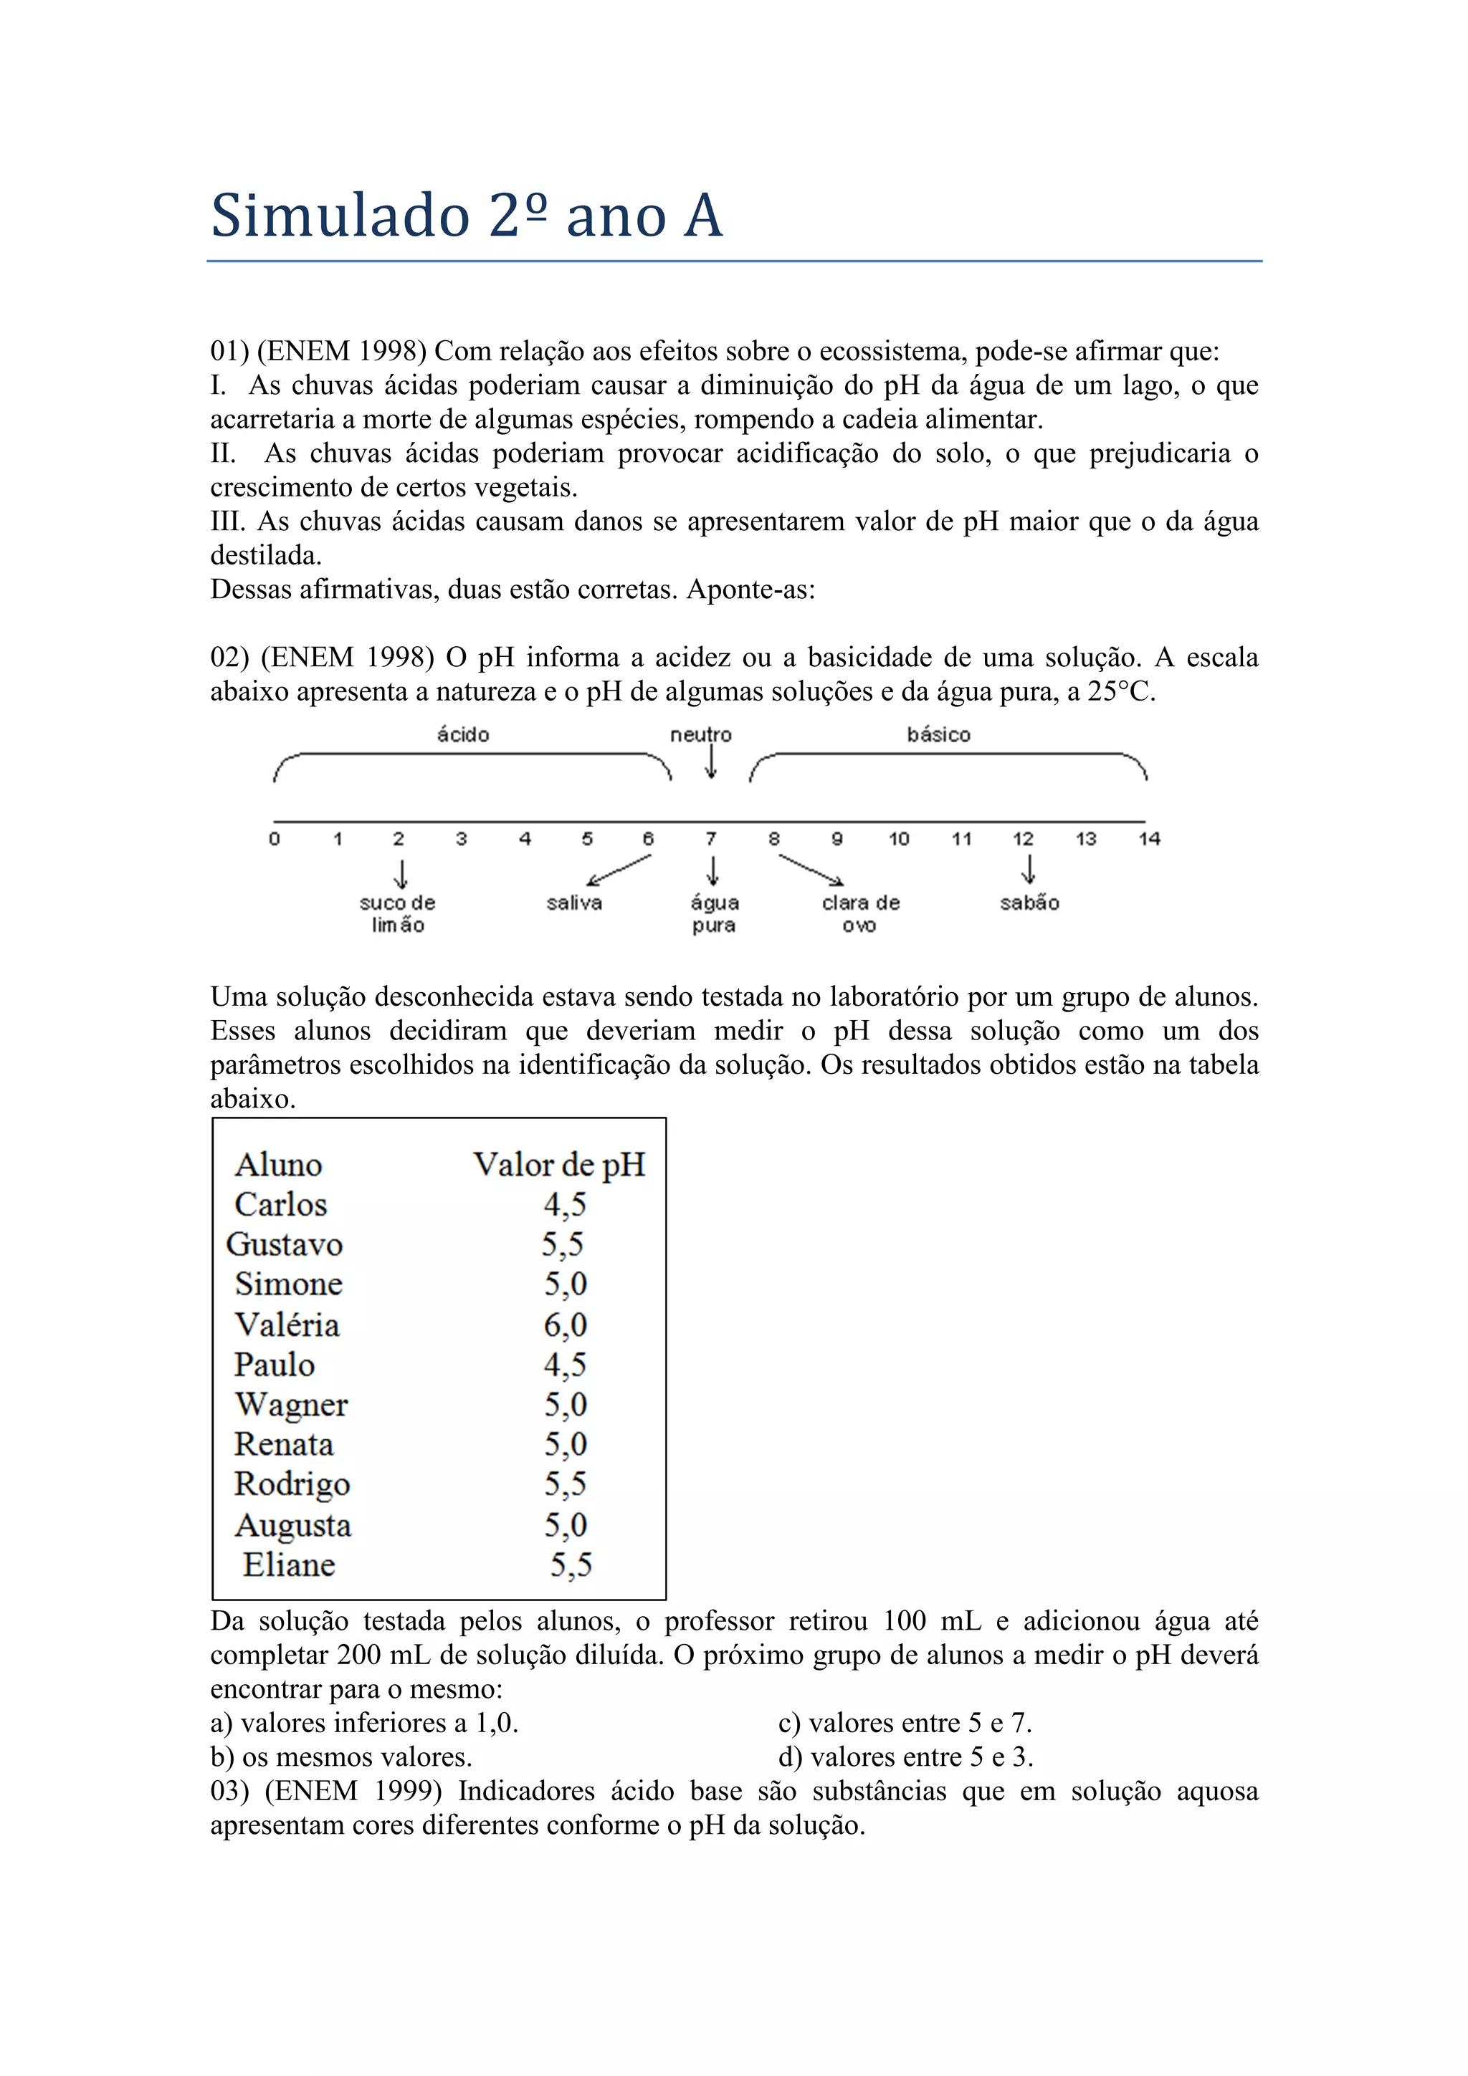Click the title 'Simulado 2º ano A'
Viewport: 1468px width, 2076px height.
pos(467,216)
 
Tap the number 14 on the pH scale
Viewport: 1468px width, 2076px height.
pos(1149,839)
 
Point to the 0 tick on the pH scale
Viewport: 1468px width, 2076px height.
pos(274,839)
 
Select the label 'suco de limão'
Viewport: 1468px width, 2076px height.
pos(398,913)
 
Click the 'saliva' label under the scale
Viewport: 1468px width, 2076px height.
pos(574,903)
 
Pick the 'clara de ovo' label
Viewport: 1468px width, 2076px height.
pos(860,913)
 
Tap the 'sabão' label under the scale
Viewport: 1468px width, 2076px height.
pos(1029,903)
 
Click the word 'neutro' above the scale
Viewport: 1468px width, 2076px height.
pos(700,735)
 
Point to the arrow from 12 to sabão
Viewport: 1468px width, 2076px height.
pos(1027,869)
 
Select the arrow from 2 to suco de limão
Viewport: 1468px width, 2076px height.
pos(401,873)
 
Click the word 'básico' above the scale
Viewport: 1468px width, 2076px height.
pos(938,735)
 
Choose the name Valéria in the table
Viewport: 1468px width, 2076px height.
pos(287,1325)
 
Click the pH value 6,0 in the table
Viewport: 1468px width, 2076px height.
pos(566,1325)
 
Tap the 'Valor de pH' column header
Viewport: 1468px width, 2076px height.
pos(559,1165)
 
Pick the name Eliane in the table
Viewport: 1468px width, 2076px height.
pos(289,1565)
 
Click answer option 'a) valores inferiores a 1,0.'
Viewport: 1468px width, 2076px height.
pos(365,1724)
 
